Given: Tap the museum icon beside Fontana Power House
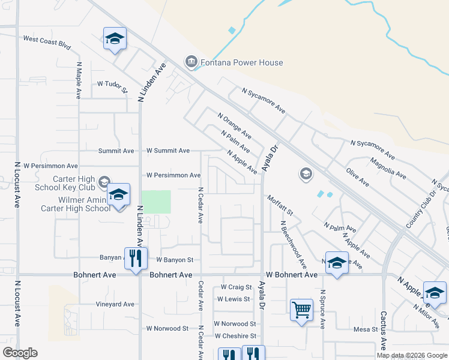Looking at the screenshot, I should (x=191, y=62).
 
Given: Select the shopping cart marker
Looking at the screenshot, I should (x=301, y=310).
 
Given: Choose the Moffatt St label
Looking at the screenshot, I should (x=280, y=205).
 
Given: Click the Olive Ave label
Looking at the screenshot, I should (x=358, y=179).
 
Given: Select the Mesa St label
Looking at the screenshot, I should (x=366, y=329).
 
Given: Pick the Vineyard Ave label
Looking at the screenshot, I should (x=115, y=304).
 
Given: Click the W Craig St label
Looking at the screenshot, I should (x=237, y=287).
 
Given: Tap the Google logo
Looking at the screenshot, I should (x=20, y=353).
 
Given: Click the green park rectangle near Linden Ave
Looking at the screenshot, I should (x=155, y=202).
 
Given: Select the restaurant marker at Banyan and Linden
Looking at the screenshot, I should (x=136, y=259).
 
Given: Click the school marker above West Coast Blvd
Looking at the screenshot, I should (x=115, y=39).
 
